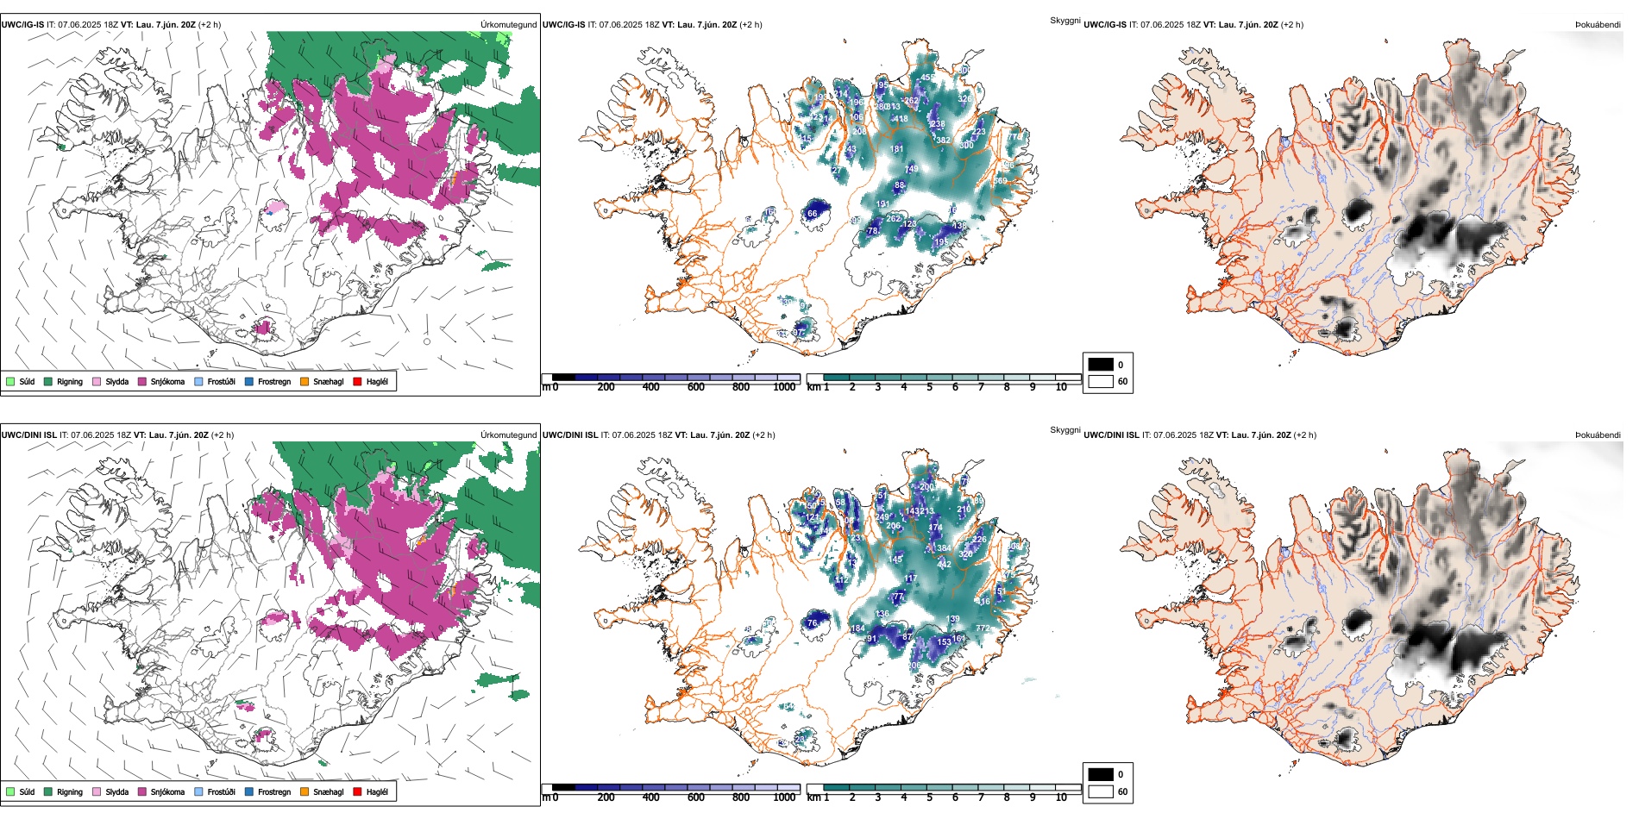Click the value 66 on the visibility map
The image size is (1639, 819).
(x=812, y=213)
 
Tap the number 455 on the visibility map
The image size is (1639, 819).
(x=927, y=78)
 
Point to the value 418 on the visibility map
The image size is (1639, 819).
(x=901, y=119)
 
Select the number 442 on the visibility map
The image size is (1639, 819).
(x=945, y=564)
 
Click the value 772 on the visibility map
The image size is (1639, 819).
(x=983, y=628)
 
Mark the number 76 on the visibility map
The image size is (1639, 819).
(x=812, y=623)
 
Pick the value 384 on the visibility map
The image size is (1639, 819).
(x=945, y=547)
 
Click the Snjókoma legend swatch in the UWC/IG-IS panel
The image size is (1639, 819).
(x=142, y=381)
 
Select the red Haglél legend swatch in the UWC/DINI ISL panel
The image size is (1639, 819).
(x=358, y=791)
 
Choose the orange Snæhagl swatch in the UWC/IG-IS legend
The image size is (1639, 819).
(x=305, y=381)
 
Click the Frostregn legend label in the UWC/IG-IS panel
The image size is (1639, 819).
(x=274, y=381)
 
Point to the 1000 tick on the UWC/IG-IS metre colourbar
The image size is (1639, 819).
(x=784, y=387)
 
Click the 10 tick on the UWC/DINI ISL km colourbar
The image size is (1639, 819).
(x=1061, y=797)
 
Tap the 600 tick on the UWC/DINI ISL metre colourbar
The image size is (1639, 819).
(x=696, y=797)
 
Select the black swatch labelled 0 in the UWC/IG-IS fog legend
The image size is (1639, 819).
(x=1101, y=364)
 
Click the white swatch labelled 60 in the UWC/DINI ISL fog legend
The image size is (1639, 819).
(x=1101, y=791)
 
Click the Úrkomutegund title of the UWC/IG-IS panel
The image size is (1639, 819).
(x=508, y=25)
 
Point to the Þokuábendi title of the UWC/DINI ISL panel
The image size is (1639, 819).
(x=1598, y=435)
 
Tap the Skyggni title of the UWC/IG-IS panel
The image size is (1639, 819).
(x=1064, y=20)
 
